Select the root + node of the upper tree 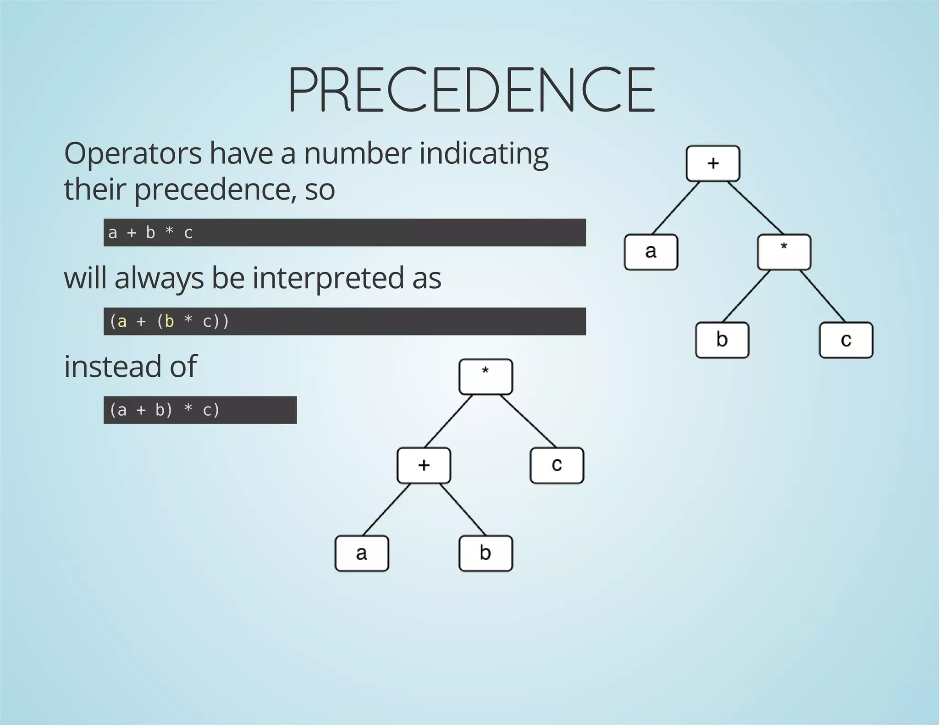click(713, 163)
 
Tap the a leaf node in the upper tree click(651, 252)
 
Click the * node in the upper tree click(784, 252)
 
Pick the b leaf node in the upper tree click(722, 340)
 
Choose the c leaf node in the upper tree click(846, 340)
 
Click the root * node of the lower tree click(486, 377)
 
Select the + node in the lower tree click(424, 465)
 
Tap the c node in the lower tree click(557, 465)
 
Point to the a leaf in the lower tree click(362, 553)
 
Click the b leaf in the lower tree click(486, 553)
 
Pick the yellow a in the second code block click(122, 321)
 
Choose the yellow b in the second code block click(169, 321)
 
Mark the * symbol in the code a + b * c click(169, 232)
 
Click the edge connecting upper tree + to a click(676, 207)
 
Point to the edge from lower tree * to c click(528, 421)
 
